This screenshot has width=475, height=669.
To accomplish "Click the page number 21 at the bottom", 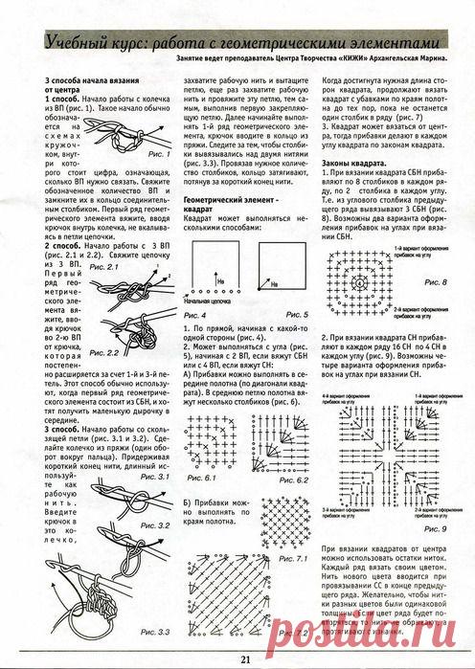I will [245, 657].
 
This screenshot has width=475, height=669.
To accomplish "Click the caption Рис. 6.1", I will [201, 476].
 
